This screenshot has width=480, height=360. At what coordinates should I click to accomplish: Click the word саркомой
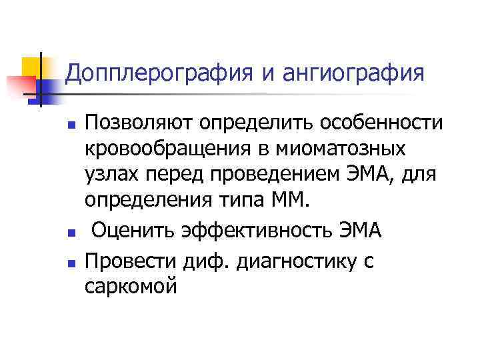pyautogui.click(x=132, y=287)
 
